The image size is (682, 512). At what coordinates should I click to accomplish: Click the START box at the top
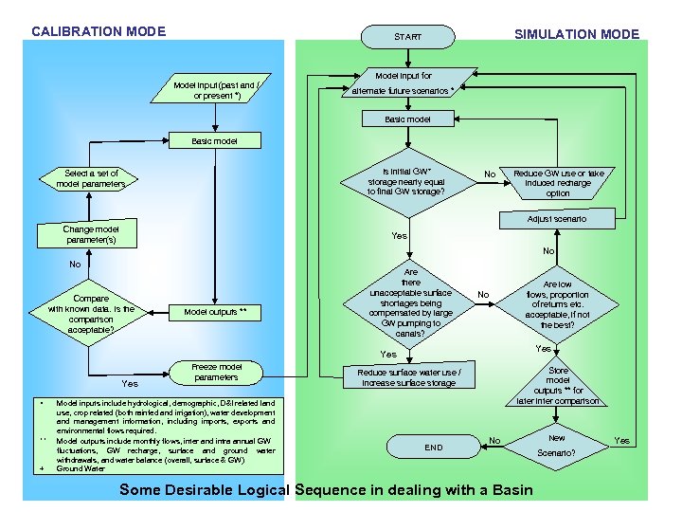click(x=407, y=37)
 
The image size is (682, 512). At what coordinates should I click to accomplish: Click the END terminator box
click(x=433, y=447)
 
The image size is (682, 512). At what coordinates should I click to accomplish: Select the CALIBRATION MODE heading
click(x=99, y=31)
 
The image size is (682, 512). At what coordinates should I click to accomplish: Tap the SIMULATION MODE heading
click(x=576, y=34)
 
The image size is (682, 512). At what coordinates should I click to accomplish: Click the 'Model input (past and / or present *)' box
click(x=217, y=90)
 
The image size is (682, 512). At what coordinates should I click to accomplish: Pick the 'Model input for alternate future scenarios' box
click(x=404, y=82)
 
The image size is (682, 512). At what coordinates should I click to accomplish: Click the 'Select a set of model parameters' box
click(x=90, y=178)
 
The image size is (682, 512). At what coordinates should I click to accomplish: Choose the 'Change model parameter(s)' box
click(x=90, y=234)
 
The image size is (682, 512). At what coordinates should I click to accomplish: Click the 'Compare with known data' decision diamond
click(x=91, y=314)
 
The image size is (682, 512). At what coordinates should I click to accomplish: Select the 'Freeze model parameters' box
click(x=216, y=372)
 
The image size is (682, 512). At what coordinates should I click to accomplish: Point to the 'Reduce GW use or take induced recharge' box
click(x=558, y=183)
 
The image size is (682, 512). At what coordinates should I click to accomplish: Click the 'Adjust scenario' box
click(x=556, y=219)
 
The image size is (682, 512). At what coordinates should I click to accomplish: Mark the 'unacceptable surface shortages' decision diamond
click(x=410, y=303)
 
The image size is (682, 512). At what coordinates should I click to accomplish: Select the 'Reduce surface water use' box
click(x=409, y=377)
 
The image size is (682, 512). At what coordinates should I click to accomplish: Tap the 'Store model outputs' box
click(x=558, y=385)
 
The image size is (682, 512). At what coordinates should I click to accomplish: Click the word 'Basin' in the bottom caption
click(x=504, y=490)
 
